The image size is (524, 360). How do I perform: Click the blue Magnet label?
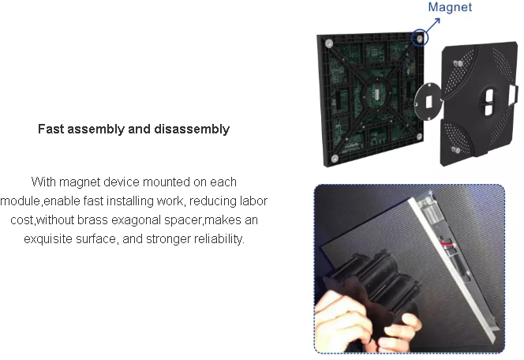click(450, 7)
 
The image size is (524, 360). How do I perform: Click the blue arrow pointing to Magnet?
click(432, 26)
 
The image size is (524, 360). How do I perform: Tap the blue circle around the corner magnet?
click(419, 37)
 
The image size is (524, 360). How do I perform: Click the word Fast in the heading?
click(51, 129)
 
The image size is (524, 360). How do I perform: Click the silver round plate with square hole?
click(428, 101)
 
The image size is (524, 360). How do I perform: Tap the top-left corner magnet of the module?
click(329, 43)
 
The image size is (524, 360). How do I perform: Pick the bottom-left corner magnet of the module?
click(334, 159)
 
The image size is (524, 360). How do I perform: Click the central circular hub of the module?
click(377, 93)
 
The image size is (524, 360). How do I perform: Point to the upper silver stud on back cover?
click(458, 63)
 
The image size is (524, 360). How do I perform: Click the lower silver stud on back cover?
click(456, 150)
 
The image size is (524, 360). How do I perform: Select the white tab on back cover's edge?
click(513, 94)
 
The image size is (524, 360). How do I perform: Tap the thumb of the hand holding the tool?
click(402, 325)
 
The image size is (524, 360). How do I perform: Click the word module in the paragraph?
click(20, 201)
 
